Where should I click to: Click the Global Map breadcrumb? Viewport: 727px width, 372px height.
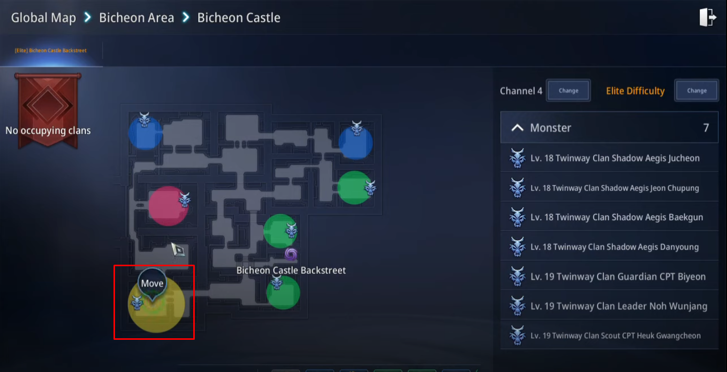[x=43, y=17]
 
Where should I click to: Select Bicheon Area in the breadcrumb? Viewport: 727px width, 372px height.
[x=137, y=17]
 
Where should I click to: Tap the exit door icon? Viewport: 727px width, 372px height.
[x=707, y=17]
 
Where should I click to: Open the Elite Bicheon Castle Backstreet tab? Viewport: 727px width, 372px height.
[x=51, y=50]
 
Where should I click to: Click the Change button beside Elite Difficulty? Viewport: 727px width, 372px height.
[x=696, y=90]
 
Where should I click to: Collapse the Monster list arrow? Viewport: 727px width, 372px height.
[x=517, y=128]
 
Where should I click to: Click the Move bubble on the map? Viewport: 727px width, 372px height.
[x=152, y=283]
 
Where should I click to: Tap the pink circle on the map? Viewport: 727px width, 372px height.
[x=168, y=206]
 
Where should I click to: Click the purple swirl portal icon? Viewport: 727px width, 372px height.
[x=291, y=254]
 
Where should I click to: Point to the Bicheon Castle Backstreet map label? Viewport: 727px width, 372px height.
[x=291, y=270]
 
